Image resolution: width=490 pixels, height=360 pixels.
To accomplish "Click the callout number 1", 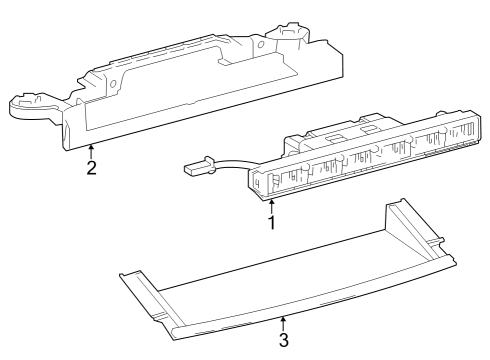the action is [x=270, y=221].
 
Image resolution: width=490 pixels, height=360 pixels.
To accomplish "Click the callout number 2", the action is [x=91, y=168].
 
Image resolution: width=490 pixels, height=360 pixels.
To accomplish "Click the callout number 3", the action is [x=283, y=340].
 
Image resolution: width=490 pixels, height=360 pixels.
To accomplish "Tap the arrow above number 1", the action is [x=270, y=206].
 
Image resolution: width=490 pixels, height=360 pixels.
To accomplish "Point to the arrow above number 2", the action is [x=91, y=152].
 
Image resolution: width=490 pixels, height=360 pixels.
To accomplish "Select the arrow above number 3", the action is [x=283, y=324].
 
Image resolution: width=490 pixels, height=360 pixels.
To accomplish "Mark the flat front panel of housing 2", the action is [x=200, y=110].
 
